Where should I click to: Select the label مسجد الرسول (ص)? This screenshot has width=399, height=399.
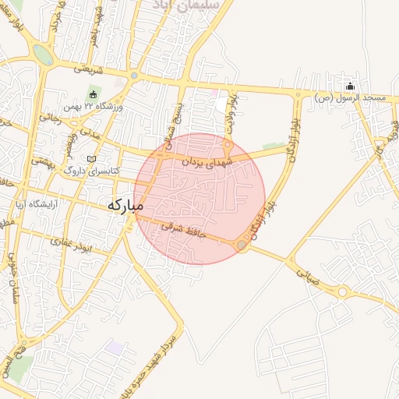pos(351,98)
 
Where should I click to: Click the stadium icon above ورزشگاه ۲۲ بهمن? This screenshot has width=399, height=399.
pos(93,94)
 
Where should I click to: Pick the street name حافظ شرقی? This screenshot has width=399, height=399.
pos(181,229)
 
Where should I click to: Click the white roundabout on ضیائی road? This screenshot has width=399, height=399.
pos(343,293)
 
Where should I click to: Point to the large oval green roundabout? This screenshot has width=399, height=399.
pos(43,55)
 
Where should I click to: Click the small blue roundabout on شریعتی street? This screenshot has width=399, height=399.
pos(134,76)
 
